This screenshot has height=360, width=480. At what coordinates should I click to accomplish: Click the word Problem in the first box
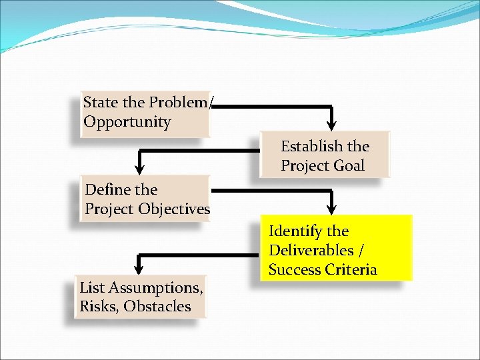pos(178,103)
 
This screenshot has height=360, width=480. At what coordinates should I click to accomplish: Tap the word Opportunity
pos(127,122)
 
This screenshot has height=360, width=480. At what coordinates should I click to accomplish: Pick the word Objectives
pos(174,209)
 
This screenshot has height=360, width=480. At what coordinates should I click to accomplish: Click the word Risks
pos(99,307)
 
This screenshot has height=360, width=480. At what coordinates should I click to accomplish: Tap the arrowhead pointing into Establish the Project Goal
pos(331,125)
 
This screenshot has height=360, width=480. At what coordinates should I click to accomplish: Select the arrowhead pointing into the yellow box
pos(331,207)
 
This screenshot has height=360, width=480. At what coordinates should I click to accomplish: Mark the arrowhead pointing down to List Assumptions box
pos(139,267)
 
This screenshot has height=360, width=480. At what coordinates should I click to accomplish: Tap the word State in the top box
pos(100,103)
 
